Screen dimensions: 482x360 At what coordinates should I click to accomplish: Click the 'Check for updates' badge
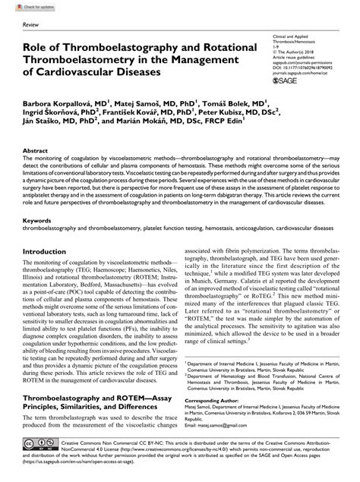[24, 6]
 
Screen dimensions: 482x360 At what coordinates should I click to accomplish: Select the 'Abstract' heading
[36, 152]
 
